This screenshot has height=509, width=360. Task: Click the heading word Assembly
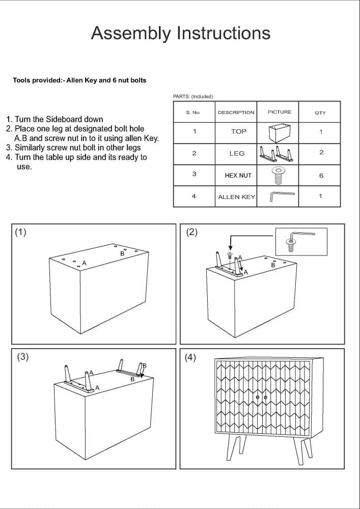tap(131, 33)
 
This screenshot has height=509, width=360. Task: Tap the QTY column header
tap(320, 112)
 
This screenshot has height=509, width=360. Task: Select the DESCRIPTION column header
tap(236, 112)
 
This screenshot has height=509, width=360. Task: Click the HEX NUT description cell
tap(238, 175)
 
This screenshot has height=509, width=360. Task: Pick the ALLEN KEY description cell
tap(236, 197)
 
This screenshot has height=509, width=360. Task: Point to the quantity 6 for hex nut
tap(321, 176)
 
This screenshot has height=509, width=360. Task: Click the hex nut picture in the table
tap(278, 175)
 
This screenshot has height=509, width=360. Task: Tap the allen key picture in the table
tap(282, 195)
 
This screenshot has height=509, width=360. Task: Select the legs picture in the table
tap(278, 153)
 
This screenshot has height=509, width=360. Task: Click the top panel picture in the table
tap(279, 132)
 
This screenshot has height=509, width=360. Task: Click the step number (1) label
tap(20, 232)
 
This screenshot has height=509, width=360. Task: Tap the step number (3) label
tap(23, 356)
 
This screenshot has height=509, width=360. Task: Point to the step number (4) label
tap(190, 357)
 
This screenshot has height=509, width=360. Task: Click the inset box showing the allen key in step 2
tap(301, 241)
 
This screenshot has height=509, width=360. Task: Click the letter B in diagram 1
tap(122, 253)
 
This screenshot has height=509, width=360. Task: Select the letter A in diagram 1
tap(85, 263)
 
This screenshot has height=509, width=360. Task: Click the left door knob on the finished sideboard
tap(258, 397)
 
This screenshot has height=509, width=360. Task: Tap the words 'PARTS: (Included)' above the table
tap(193, 96)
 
